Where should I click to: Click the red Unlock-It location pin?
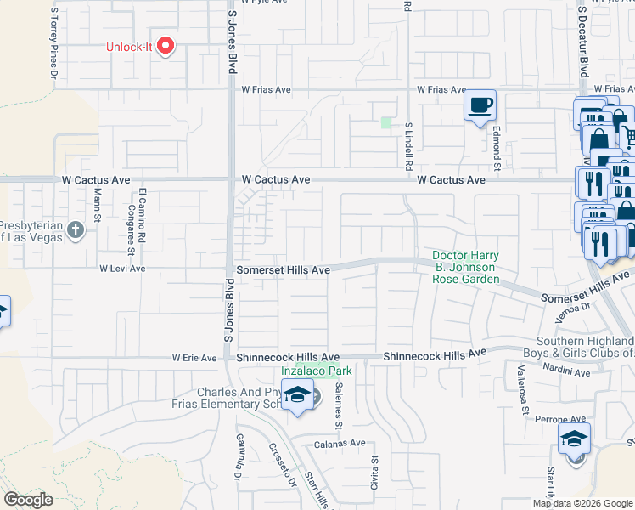[x=166, y=46]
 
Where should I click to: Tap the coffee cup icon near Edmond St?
[x=480, y=105]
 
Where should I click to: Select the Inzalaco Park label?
[x=317, y=371]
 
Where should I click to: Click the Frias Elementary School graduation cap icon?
[x=298, y=395]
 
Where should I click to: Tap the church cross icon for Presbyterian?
[x=76, y=229]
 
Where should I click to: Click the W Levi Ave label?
[x=122, y=269]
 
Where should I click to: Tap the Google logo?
[x=28, y=500]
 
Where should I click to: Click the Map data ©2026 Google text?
[x=582, y=503]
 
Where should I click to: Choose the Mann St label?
[x=98, y=205]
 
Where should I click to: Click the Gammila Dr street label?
[x=239, y=460]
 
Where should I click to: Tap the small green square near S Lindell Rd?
[x=387, y=123]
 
